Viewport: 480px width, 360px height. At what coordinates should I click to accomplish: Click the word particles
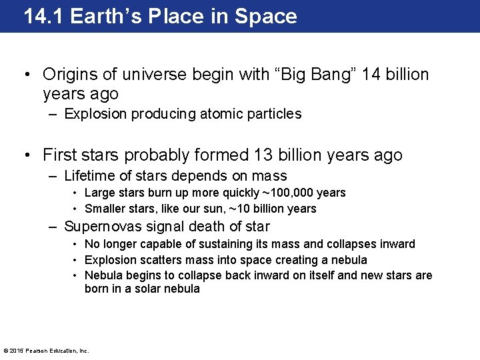click(x=276, y=114)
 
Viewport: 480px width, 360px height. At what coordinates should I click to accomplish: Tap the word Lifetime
click(x=90, y=176)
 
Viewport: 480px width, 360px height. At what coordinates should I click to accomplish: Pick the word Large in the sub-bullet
click(x=100, y=193)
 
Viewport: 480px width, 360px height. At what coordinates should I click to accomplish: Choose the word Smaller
click(x=105, y=209)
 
